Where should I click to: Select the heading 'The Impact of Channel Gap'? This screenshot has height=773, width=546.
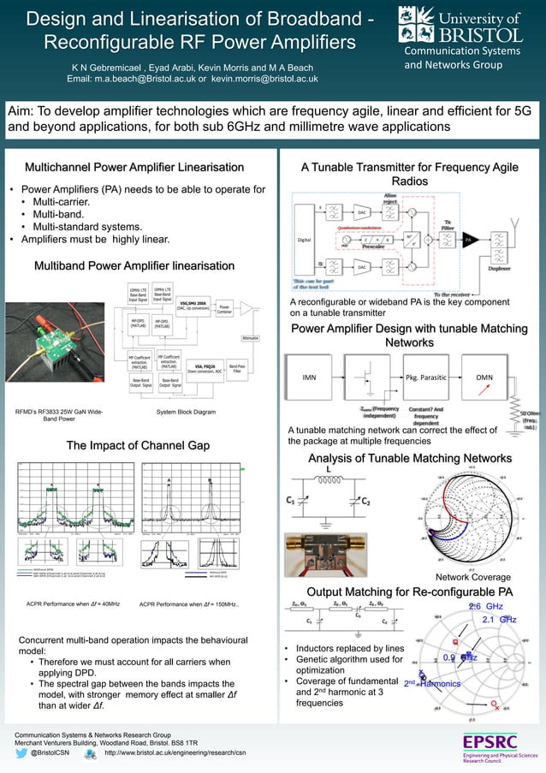139,445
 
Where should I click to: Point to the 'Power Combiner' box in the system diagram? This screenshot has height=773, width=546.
224,307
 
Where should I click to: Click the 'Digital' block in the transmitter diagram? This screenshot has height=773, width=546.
304,240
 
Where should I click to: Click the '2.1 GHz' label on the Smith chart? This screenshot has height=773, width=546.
498,619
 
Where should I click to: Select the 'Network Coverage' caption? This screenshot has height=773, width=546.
472,577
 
